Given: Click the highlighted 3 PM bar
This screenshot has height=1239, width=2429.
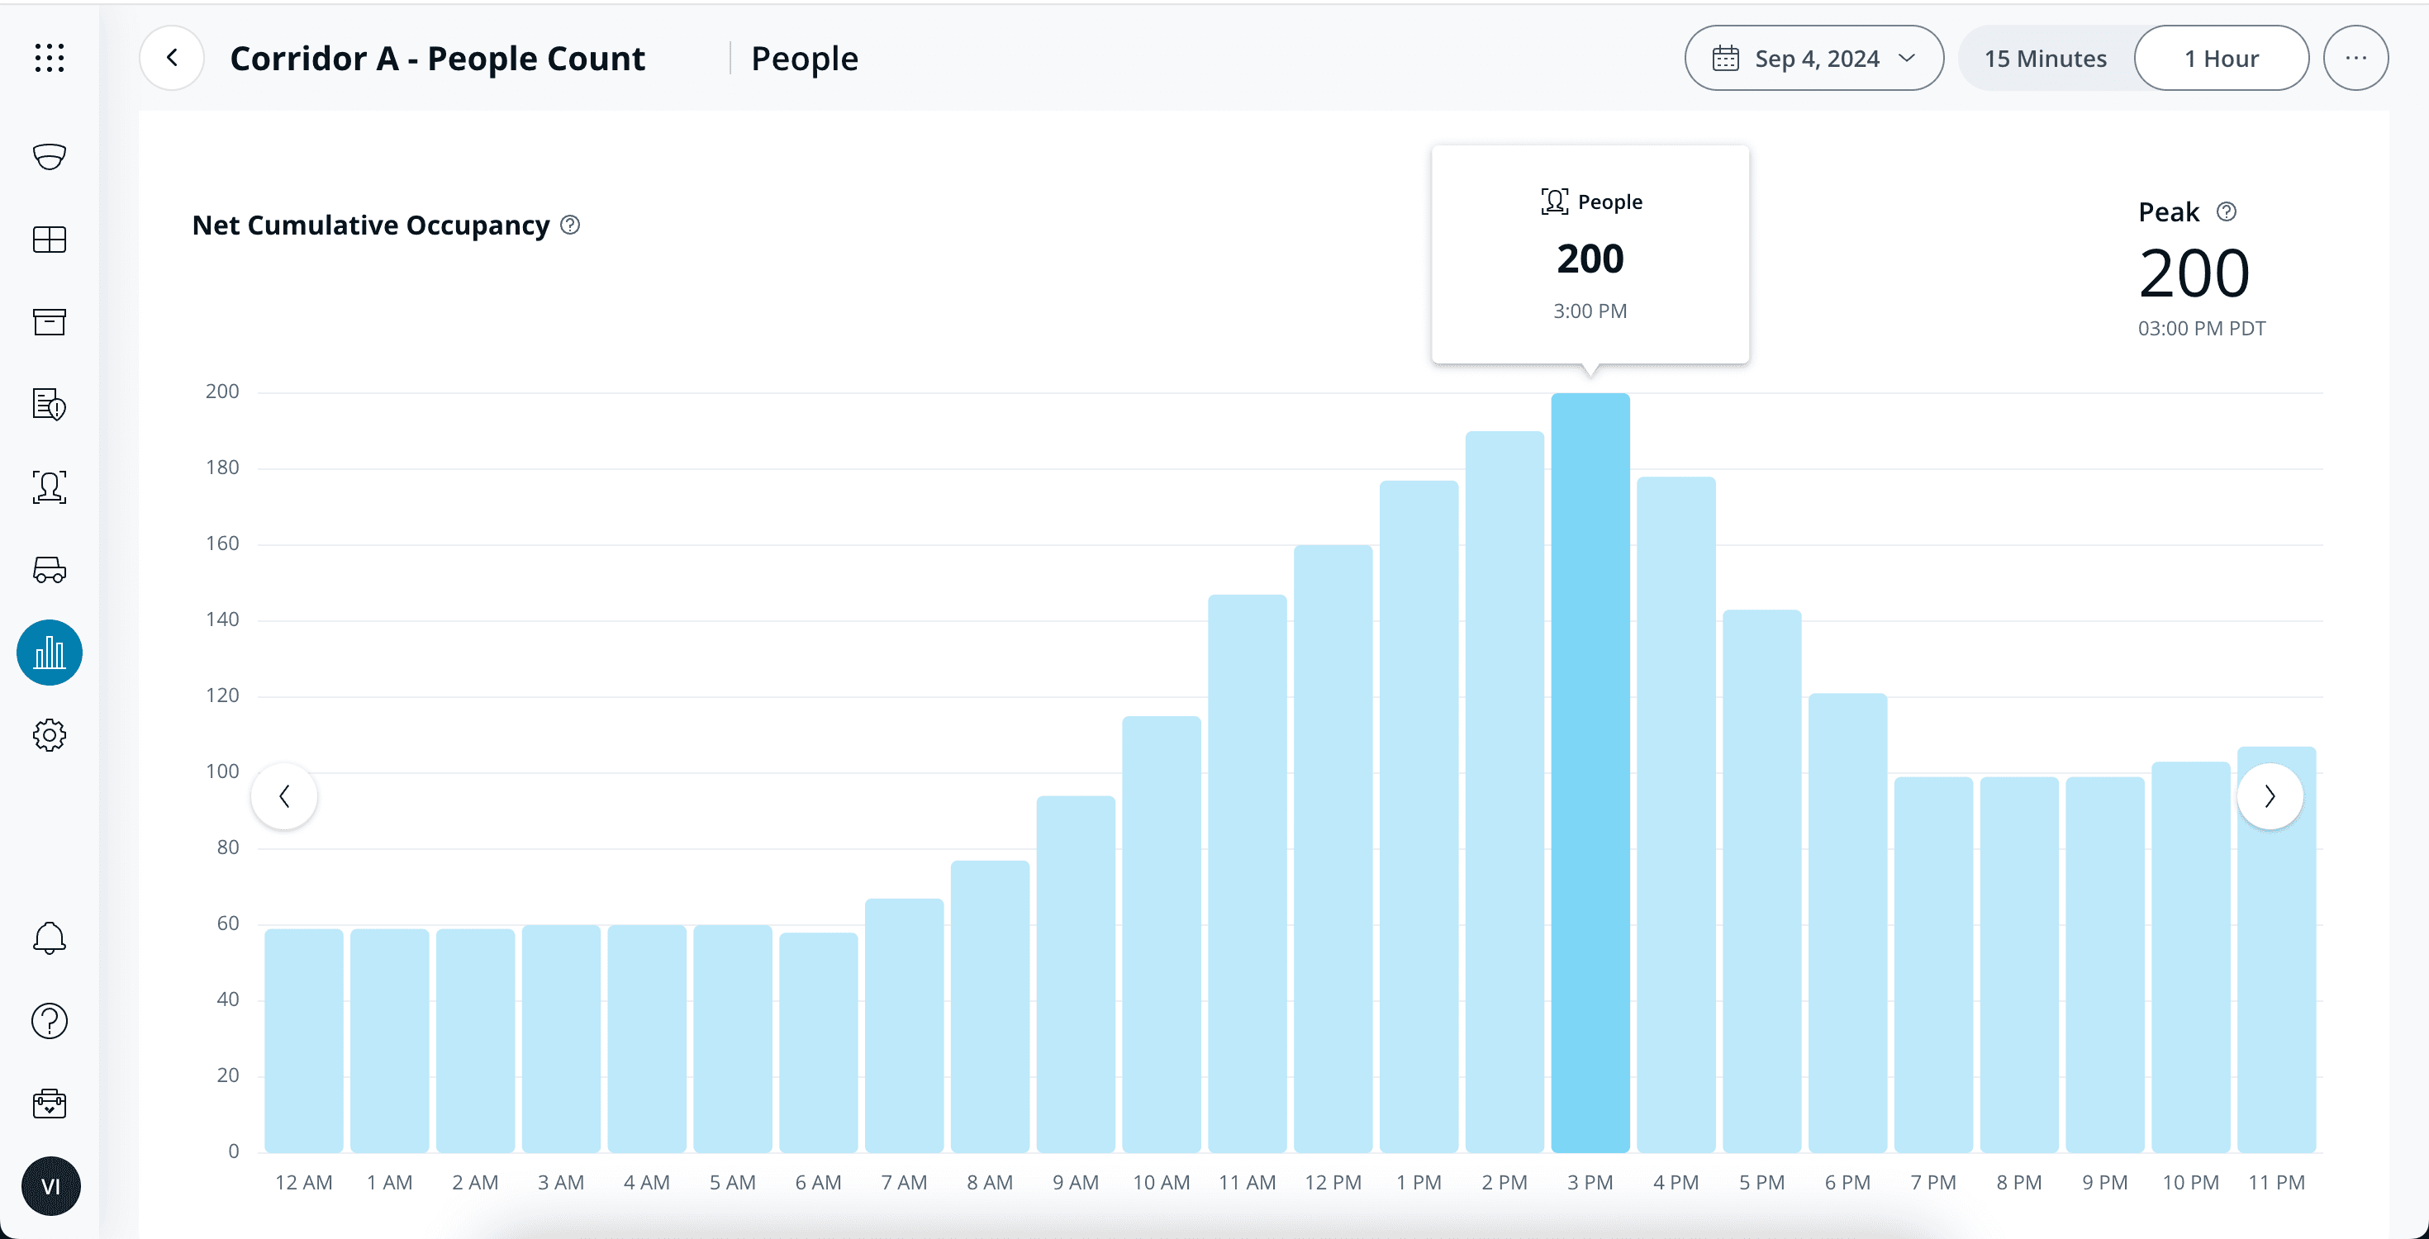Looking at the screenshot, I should [x=1590, y=773].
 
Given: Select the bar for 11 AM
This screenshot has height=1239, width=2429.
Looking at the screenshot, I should [x=1247, y=872].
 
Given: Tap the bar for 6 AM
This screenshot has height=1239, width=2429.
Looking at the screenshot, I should [x=819, y=1042].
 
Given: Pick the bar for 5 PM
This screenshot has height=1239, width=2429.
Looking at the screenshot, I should [x=1761, y=881].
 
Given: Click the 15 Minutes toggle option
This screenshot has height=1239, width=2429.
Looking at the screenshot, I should [x=2044, y=59].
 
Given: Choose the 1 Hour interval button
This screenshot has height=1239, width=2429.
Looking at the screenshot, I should [x=2221, y=59].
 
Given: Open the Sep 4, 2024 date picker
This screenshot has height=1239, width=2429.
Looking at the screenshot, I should [x=1813, y=59].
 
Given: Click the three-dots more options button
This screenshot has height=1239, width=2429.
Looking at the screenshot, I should [x=2355, y=59].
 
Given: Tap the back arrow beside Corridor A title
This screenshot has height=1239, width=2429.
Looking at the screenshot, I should [x=172, y=59].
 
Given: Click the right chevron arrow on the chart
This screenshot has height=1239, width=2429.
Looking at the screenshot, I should [x=2270, y=797].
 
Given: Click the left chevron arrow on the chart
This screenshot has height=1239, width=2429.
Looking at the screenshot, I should [x=284, y=797].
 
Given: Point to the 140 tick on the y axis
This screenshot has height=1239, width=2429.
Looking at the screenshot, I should [x=222, y=619].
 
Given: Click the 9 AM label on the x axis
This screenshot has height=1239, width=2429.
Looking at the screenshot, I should [x=1075, y=1183].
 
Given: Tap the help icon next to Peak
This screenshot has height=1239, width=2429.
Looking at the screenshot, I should [x=2227, y=212].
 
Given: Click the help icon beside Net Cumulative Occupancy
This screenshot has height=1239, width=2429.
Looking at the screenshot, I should [x=570, y=225].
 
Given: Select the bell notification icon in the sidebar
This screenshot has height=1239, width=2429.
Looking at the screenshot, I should [x=49, y=938].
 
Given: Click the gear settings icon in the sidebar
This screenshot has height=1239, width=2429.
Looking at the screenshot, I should [x=49, y=735].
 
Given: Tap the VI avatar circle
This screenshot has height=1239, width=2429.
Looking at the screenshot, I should [x=50, y=1186].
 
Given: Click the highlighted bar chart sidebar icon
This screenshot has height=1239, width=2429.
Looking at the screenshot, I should [x=49, y=653].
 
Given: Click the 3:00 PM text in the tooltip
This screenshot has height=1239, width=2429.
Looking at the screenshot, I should [x=1590, y=311].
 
